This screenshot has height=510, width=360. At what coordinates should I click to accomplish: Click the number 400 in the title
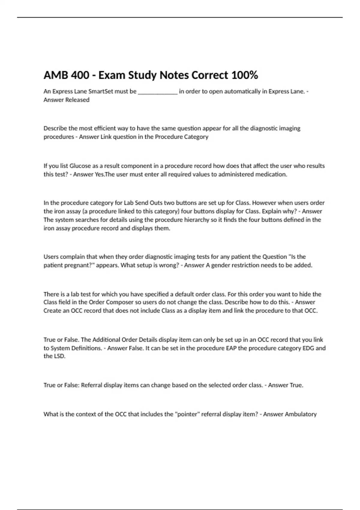pos(80,75)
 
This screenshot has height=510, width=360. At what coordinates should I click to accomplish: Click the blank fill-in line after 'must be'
pos(158,92)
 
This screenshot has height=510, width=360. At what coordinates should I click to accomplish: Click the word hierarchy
pos(195,220)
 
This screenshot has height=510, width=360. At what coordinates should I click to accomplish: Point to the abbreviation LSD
pos(59,356)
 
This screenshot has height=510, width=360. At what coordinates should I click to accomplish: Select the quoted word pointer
pos(187,414)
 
